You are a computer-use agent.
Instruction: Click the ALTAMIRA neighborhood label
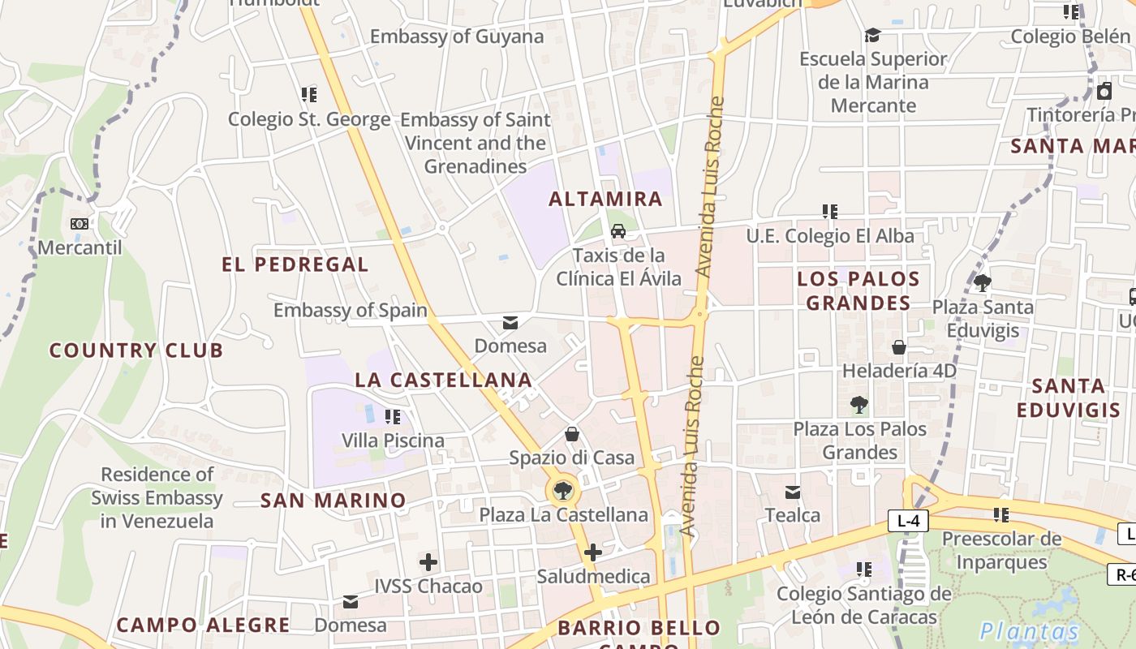coord(606,199)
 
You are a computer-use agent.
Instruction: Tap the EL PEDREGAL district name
coord(295,264)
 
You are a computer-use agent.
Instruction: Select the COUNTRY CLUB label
coord(136,350)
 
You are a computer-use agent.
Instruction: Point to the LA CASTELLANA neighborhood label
coord(444,380)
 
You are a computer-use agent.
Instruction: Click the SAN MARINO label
coord(333,501)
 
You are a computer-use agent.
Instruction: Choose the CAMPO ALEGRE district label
coord(203,625)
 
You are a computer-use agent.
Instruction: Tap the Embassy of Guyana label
coord(457,37)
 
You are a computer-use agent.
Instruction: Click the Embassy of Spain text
coord(351,310)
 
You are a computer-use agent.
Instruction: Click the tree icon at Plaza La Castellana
coord(562,490)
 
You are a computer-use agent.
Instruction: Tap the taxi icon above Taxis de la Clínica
coord(618,231)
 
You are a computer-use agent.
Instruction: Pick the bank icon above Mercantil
coord(80,223)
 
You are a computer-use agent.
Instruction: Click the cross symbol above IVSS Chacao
coord(428,561)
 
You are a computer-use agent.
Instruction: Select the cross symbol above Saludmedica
coord(593,553)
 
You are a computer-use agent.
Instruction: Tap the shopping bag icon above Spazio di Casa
coord(572,434)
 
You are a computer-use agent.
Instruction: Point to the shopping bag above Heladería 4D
coord(899,347)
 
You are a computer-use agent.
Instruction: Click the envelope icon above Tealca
coord(793,492)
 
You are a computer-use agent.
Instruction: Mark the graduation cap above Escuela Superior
coord(872,35)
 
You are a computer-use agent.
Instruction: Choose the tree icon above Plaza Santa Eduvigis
coord(983,283)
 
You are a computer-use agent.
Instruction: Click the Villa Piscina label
coord(393,441)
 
